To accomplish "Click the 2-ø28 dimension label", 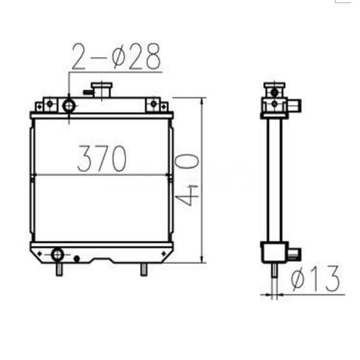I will point(116,57).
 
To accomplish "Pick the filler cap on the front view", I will point(102,90).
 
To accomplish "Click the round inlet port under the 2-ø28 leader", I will point(69,106).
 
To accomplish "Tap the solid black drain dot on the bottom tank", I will point(77,258).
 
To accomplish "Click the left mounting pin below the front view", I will point(60,269).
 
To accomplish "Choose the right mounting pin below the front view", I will point(143,269).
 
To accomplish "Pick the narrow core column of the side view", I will point(275,180).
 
